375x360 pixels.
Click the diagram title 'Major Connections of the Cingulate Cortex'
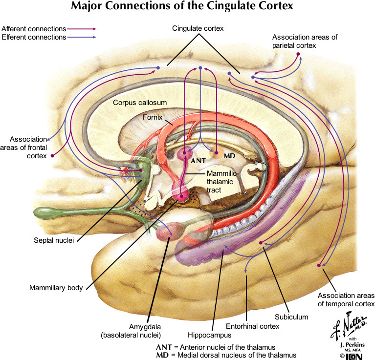(x=187, y=7)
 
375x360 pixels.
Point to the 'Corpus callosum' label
(x=140, y=103)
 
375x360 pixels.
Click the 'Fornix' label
(x=153, y=117)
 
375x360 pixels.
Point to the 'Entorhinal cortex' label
(x=252, y=326)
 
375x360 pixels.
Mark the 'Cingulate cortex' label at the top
(x=198, y=28)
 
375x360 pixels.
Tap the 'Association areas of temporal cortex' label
(x=346, y=300)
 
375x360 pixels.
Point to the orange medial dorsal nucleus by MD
(x=214, y=153)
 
